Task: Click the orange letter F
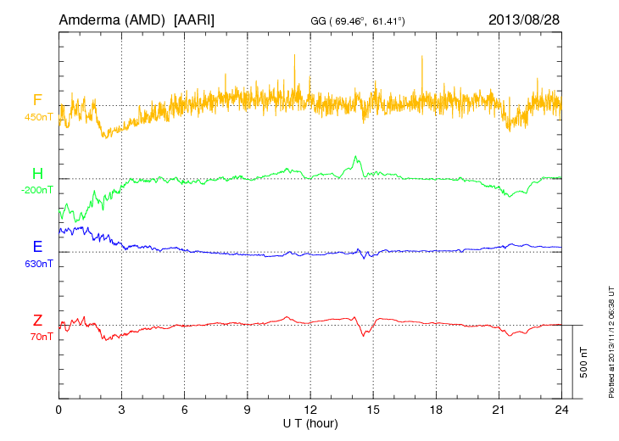[37, 101]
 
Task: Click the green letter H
[37, 174]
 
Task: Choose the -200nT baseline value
[38, 190]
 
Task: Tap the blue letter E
[37, 247]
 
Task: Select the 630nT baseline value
[39, 264]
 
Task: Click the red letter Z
[37, 320]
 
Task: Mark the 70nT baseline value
[41, 337]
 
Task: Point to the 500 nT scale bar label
[584, 362]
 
